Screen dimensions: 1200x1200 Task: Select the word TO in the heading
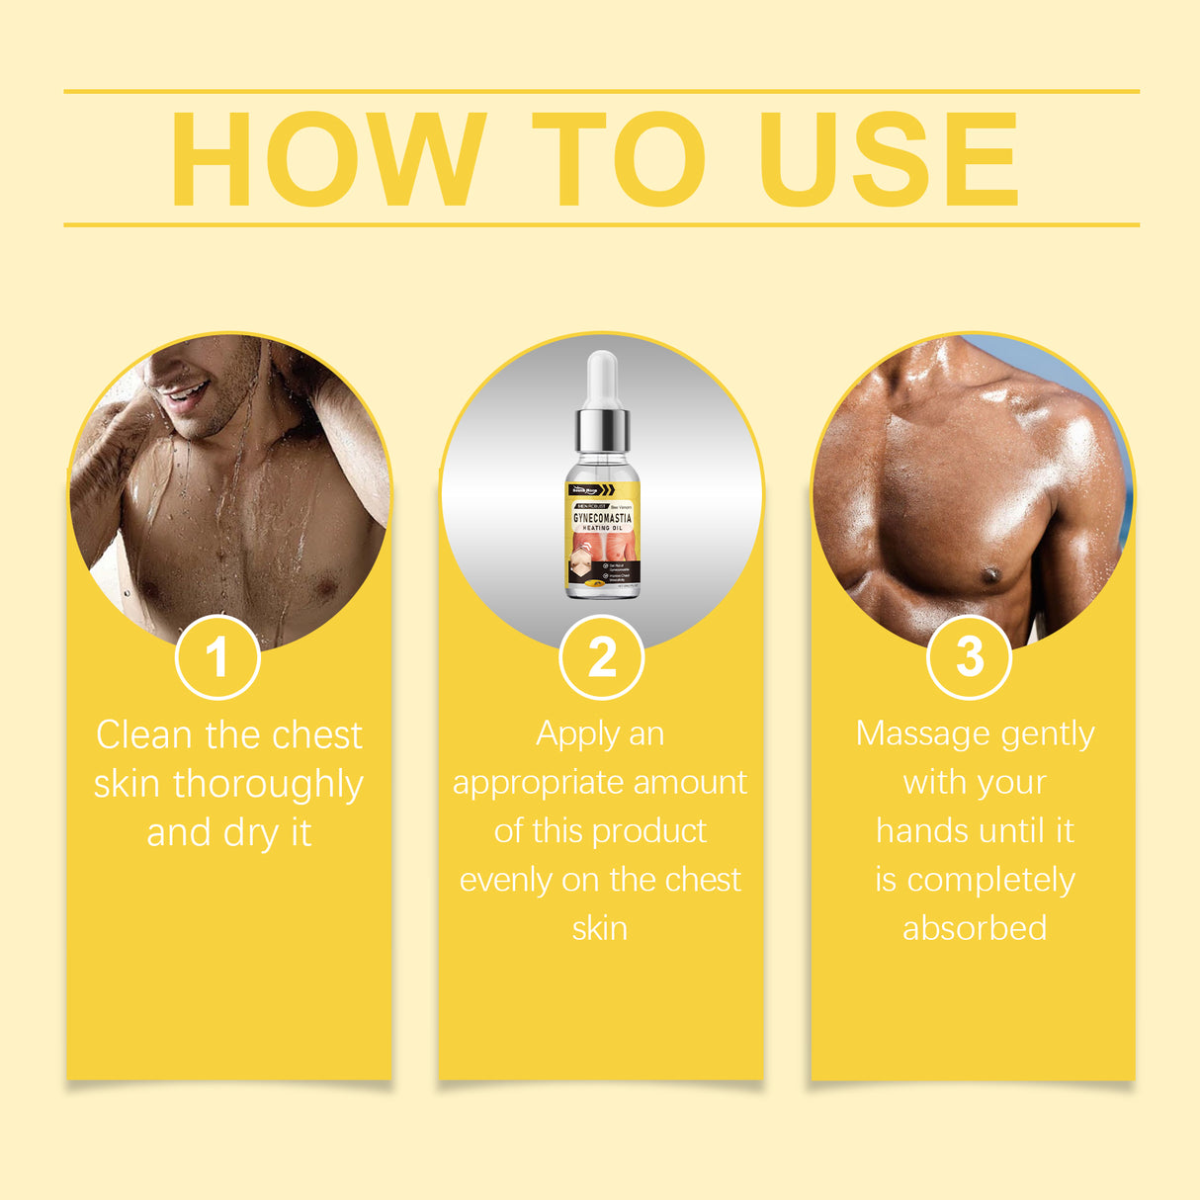pos(619,159)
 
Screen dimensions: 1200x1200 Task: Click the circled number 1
pos(217,657)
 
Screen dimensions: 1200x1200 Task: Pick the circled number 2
pos(602,657)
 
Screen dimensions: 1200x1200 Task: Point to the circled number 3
pos(970,656)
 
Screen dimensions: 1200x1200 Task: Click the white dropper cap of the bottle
pos(602,380)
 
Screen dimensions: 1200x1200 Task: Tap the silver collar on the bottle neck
pos(602,428)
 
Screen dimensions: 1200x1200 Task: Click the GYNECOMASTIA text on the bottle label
pos(602,518)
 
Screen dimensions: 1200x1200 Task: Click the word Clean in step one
pos(143,735)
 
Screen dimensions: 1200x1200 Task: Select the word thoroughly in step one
pos(268,785)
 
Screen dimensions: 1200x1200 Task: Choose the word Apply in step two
pos(576,734)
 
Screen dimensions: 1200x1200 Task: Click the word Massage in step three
pos(922,734)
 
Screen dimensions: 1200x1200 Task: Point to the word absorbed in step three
pos(975,928)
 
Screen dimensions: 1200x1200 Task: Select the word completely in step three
pos(990,880)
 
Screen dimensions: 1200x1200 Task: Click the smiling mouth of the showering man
pos(186,395)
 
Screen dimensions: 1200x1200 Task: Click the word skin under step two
pos(600,928)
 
